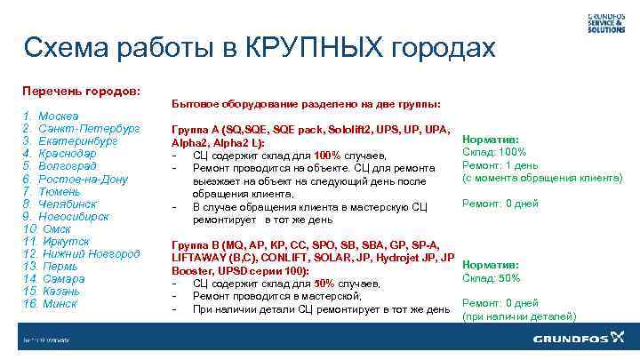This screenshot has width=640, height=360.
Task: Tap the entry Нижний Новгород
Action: pyautogui.click(x=90, y=254)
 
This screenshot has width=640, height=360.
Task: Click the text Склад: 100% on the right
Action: pyautogui.click(x=495, y=152)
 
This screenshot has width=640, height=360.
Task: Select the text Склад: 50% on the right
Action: pyautogui.click(x=492, y=278)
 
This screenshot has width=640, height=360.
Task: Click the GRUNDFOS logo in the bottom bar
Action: pyautogui.click(x=579, y=339)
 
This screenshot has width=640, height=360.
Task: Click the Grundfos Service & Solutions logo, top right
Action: pyautogui.click(x=606, y=22)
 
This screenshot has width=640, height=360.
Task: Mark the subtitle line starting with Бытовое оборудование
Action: pyautogui.click(x=306, y=103)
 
